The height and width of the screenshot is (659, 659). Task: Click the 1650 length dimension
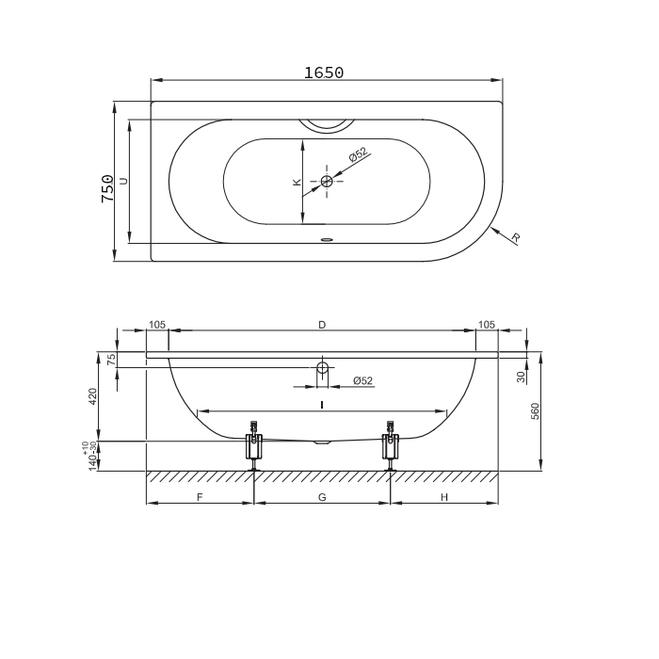pyautogui.click(x=324, y=72)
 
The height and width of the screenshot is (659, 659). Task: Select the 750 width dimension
pyautogui.click(x=107, y=188)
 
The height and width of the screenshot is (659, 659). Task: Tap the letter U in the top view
pyautogui.click(x=123, y=181)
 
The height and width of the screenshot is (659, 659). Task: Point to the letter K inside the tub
pyautogui.click(x=297, y=182)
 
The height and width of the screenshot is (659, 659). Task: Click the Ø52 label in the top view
pyautogui.click(x=358, y=154)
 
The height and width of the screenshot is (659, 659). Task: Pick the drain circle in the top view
pyautogui.click(x=327, y=181)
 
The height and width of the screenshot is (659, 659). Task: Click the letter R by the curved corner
pyautogui.click(x=516, y=238)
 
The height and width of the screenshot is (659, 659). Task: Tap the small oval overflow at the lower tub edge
pyautogui.click(x=327, y=240)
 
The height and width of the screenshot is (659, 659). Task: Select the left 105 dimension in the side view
pyautogui.click(x=157, y=325)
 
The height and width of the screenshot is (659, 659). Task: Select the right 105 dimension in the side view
pyautogui.click(x=487, y=325)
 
